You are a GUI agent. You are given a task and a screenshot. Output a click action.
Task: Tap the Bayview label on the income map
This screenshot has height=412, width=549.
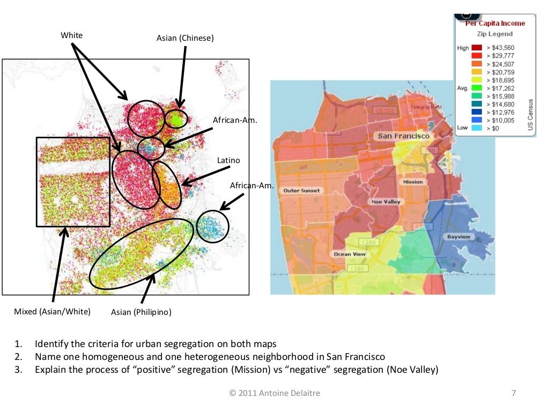[x=459, y=237]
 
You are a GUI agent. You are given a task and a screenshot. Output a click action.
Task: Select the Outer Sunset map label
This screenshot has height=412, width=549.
[x=302, y=190]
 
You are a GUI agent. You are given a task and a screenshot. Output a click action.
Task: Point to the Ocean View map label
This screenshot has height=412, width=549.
[x=350, y=254]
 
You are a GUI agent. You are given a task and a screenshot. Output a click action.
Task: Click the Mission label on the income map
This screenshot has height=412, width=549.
[x=413, y=182]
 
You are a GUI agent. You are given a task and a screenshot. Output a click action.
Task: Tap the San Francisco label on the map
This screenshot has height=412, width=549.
[x=404, y=136]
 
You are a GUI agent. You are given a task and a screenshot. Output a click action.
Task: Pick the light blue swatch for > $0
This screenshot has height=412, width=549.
[x=476, y=128]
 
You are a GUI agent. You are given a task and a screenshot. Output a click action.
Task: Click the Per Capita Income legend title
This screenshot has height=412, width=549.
[x=495, y=24]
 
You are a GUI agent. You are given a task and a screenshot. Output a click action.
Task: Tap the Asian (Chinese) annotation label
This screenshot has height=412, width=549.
[x=185, y=38]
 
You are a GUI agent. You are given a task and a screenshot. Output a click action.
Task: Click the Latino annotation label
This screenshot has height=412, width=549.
[x=228, y=160]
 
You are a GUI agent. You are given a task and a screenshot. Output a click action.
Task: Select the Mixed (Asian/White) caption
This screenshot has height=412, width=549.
[x=52, y=311]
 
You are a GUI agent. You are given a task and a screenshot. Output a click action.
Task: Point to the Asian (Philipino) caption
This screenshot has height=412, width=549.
[x=141, y=312]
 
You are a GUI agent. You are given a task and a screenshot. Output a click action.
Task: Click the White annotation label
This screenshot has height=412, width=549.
[x=72, y=35]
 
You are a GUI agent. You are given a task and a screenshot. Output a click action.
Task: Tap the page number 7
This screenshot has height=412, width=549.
[x=513, y=393]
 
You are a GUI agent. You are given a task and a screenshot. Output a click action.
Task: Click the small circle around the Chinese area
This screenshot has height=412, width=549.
[x=175, y=119]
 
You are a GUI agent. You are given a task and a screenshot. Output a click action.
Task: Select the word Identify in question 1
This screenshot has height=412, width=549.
[x=52, y=344]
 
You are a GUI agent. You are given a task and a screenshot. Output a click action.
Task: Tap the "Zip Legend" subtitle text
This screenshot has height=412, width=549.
[x=495, y=34]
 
